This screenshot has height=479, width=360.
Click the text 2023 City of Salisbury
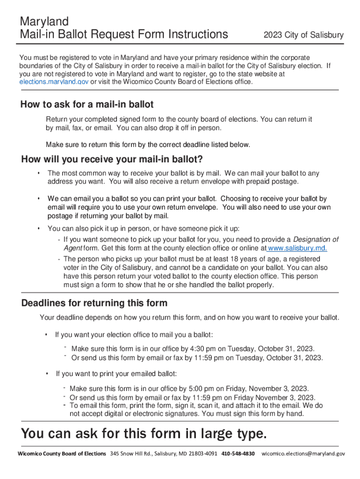point(303,35)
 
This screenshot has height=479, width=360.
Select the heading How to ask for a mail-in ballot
point(87,104)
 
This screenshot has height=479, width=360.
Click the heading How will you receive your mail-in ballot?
point(112,160)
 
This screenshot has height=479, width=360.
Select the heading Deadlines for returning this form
point(94,303)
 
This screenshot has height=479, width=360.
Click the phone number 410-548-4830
point(238,454)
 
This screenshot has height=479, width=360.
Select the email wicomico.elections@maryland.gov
point(303,454)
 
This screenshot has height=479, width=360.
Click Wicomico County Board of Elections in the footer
point(62,454)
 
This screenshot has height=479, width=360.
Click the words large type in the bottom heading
point(232,434)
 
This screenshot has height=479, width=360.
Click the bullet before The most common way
point(38,174)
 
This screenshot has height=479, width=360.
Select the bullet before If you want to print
point(47,374)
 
